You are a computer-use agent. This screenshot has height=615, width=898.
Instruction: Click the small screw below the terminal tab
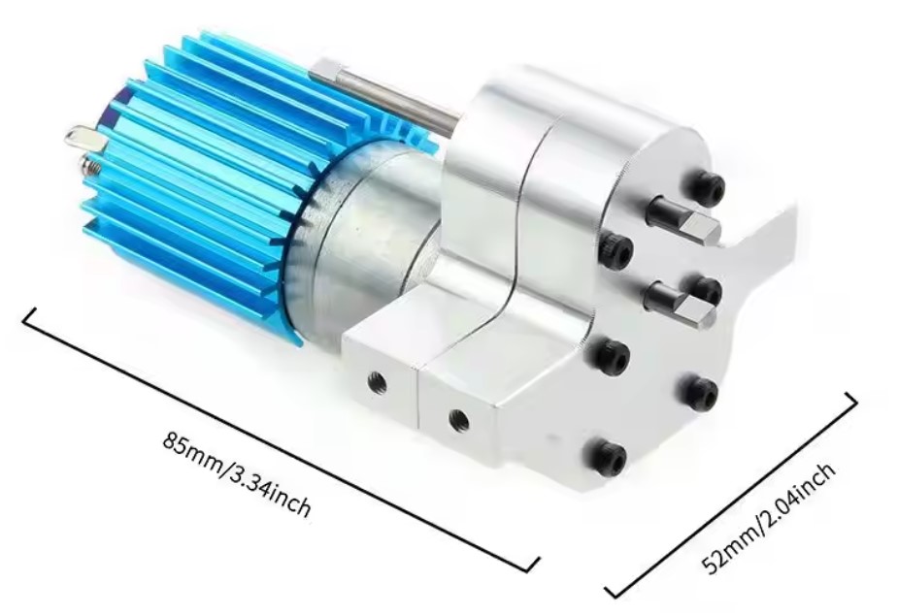point(90,167)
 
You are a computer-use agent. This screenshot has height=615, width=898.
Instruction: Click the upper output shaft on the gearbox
point(683,219)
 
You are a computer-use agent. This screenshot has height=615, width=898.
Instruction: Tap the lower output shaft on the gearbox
point(681,304)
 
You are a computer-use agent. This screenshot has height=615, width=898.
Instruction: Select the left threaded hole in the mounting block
point(377,381)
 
